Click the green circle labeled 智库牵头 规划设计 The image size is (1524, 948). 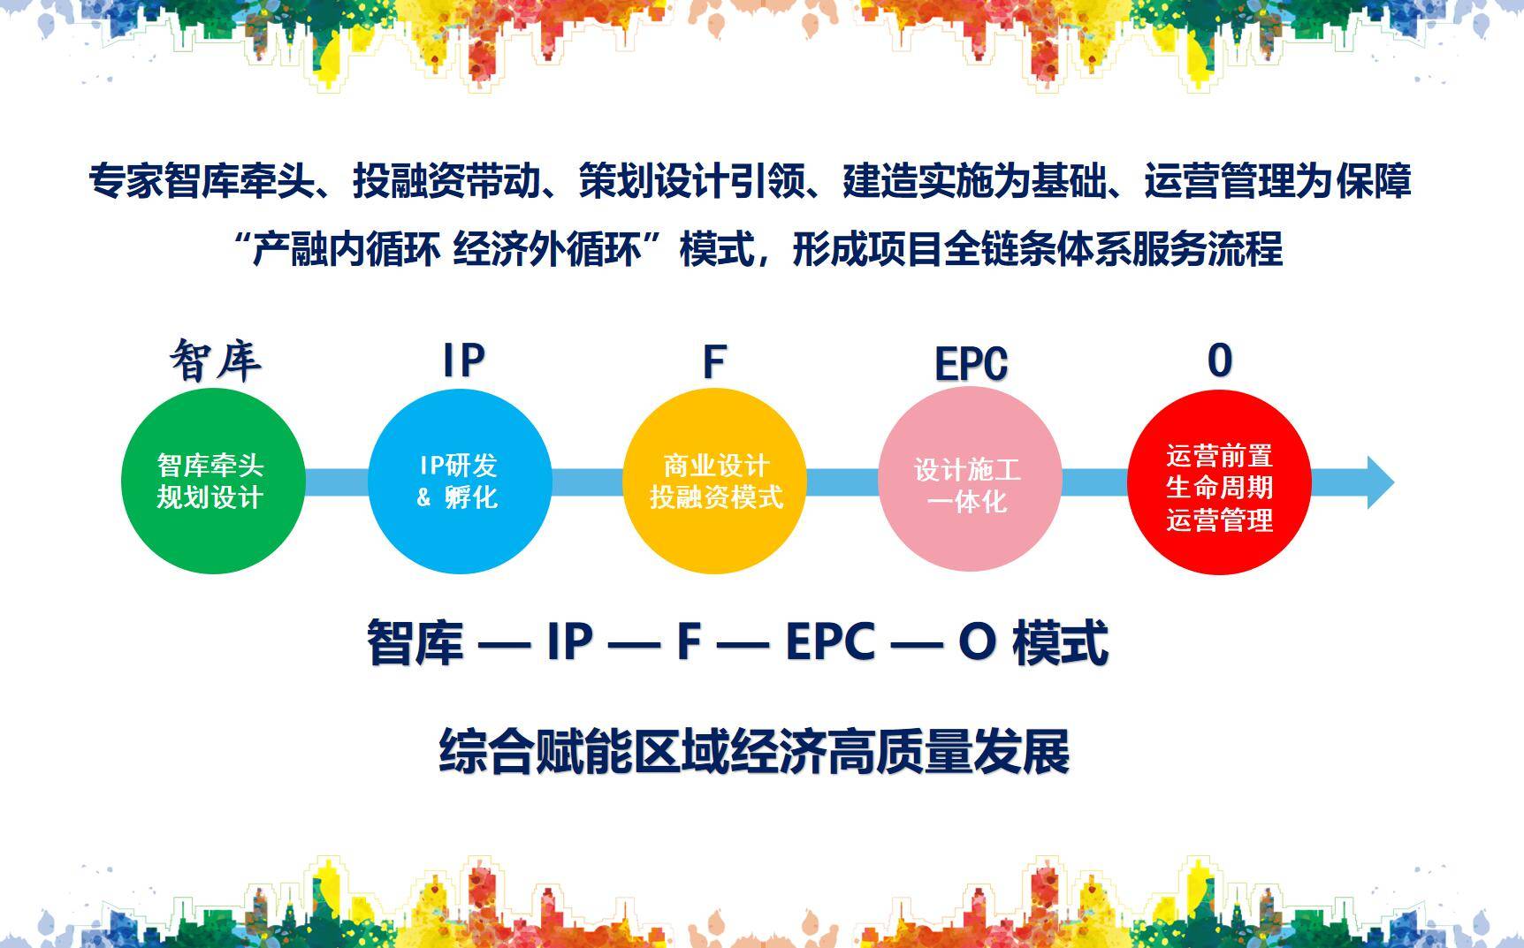tap(213, 482)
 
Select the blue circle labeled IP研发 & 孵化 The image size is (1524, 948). tap(460, 482)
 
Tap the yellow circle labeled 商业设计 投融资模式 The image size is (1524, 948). tap(715, 482)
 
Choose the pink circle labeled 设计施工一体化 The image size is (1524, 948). tap(970, 482)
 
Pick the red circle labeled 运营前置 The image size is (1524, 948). tap(1220, 482)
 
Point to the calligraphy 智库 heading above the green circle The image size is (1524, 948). tap(215, 360)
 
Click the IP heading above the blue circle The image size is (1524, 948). tap(464, 360)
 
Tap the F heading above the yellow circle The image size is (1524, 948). tap(714, 361)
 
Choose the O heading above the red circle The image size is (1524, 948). tap(1220, 360)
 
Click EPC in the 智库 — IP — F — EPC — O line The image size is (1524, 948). tap(830, 641)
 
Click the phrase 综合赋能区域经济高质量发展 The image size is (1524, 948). tap(754, 752)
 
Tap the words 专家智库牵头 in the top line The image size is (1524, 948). tap(202, 181)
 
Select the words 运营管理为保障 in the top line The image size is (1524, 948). tap(1277, 181)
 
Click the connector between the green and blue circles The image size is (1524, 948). tap(337, 482)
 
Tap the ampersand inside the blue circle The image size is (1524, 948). tap(423, 497)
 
